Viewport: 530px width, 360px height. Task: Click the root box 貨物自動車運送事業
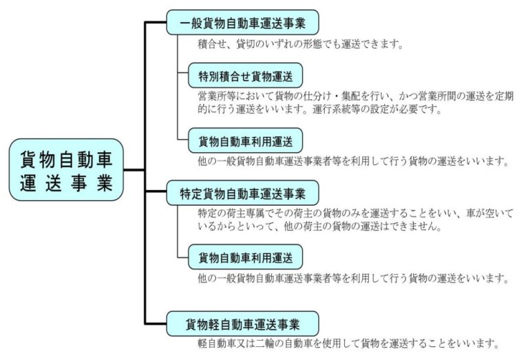66,170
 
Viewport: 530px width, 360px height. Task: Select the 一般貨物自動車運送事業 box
243,22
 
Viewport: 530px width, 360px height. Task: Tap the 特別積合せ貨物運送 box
246,76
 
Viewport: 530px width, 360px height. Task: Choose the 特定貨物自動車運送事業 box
243,193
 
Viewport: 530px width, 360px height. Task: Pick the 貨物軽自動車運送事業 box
243,324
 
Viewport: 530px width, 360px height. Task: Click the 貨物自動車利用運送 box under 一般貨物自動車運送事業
246,140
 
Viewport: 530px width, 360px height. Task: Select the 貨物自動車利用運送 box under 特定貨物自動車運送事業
246,257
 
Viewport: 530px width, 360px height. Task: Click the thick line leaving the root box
134,170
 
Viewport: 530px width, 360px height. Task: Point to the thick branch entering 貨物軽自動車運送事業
156,324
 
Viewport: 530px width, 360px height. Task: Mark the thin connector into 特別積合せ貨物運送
183,72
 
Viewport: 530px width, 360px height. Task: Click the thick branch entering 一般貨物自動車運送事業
156,22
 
